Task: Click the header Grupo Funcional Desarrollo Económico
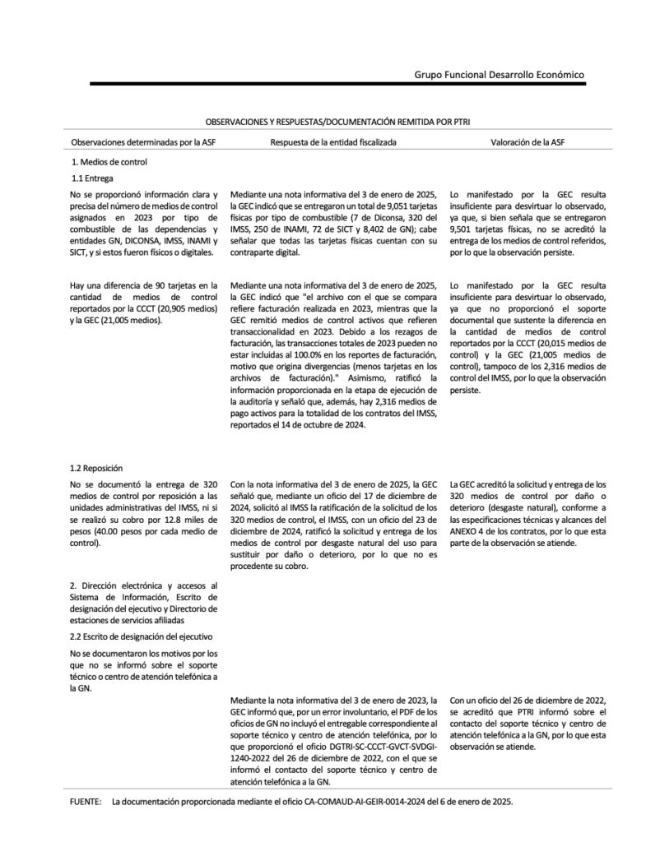[x=500, y=74]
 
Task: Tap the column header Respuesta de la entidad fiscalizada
[x=334, y=141]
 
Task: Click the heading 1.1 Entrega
[x=91, y=178]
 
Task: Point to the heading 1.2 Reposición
[x=96, y=467]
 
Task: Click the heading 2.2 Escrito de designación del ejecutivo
[x=142, y=636]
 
